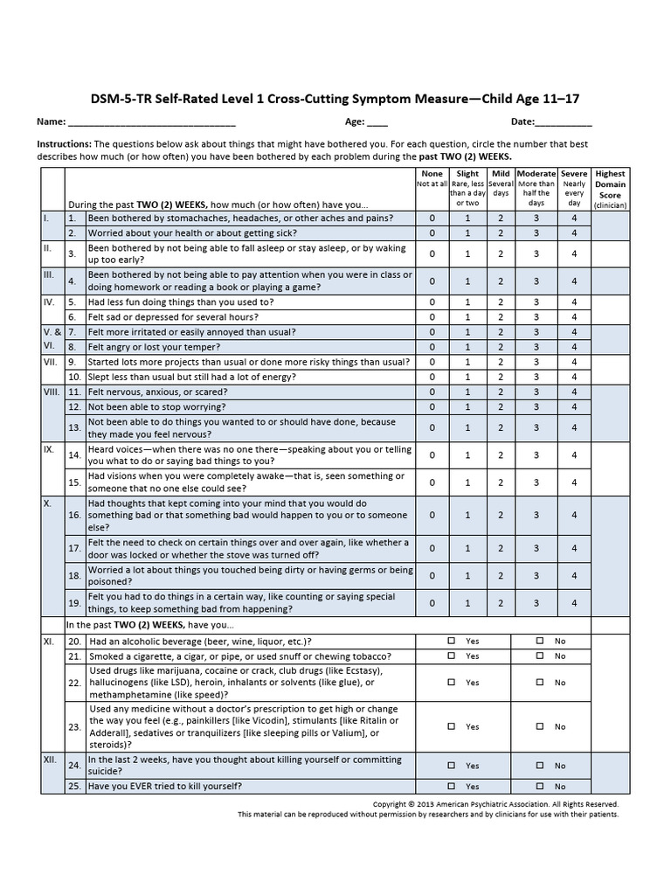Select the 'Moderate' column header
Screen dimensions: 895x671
536,174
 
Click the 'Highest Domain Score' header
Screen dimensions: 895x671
609,184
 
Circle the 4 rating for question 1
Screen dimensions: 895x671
574,218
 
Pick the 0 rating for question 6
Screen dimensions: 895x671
432,316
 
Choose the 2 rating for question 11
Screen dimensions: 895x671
501,392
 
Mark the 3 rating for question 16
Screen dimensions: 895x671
536,516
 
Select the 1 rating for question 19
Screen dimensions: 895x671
467,603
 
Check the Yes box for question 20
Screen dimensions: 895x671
452,641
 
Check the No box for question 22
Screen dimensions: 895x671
540,682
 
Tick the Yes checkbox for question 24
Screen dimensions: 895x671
452,765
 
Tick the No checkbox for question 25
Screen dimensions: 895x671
540,786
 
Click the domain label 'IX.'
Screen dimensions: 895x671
49,449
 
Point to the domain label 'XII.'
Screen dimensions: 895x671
50,760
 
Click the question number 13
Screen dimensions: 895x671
74,428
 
